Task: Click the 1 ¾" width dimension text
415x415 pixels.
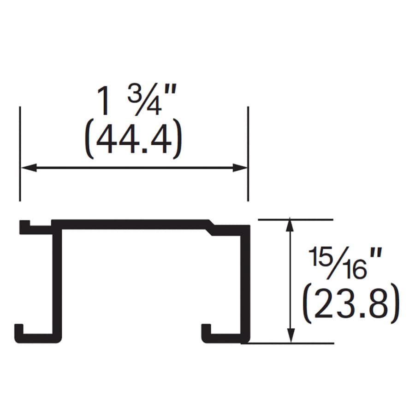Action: (136, 101)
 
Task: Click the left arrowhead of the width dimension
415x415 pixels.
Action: (29, 167)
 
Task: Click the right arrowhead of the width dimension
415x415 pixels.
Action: (240, 167)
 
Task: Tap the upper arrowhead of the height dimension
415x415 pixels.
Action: (290, 225)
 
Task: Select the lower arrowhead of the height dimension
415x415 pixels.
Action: (290, 336)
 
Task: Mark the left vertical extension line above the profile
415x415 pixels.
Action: (20, 154)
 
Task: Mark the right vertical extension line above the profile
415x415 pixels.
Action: (248, 154)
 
